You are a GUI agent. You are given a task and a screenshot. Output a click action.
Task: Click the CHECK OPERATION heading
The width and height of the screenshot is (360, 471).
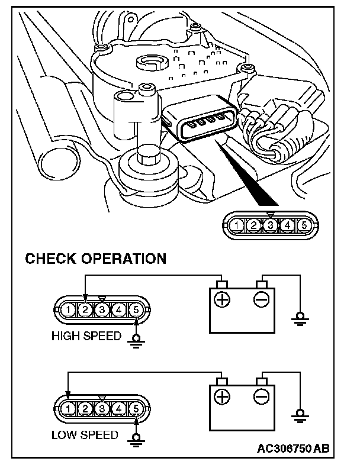point(95,259)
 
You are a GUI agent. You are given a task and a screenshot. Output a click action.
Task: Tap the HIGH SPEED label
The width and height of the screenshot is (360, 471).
point(86,336)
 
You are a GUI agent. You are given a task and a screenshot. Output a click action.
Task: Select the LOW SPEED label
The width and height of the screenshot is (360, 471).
point(85,435)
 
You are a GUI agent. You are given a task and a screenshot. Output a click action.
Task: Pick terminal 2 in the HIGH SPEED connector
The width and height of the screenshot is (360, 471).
point(86,309)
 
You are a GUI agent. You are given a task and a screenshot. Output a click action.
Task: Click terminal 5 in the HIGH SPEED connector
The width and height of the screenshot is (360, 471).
point(136,309)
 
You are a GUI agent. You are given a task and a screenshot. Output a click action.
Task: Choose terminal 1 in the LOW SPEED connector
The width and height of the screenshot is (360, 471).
point(69,408)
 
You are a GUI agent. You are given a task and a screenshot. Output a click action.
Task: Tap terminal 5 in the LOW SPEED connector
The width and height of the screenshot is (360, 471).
point(136,408)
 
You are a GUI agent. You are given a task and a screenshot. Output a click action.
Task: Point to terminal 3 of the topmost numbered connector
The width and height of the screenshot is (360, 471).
point(270,225)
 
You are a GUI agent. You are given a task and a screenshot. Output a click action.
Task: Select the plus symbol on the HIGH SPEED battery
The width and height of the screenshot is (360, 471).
point(222,300)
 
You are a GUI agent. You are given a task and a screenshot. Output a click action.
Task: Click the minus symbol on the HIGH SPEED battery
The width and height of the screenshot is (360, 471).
point(261,300)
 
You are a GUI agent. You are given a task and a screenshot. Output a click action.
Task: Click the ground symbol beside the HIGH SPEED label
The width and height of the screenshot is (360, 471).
point(137,340)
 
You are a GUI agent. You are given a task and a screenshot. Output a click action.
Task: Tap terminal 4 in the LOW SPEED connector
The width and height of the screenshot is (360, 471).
point(119,408)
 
